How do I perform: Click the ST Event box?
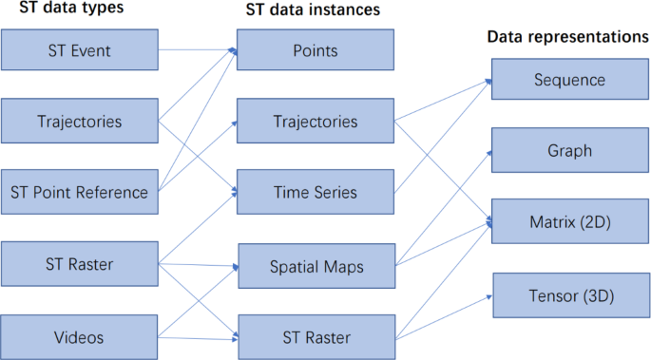pos(79,49)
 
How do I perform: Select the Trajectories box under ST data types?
pos(79,121)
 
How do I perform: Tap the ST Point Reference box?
pos(79,192)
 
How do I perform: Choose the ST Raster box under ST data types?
pos(79,264)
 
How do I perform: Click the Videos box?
pos(79,335)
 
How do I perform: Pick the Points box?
pos(315,49)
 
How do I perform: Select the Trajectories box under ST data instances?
pos(315,121)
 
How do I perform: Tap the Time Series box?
pos(315,192)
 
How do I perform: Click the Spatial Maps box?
pos(315,264)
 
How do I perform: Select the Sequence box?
pos(569,79)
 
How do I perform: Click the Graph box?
pos(569,150)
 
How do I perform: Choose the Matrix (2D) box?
pos(569,222)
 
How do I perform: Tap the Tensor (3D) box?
pos(569,295)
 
